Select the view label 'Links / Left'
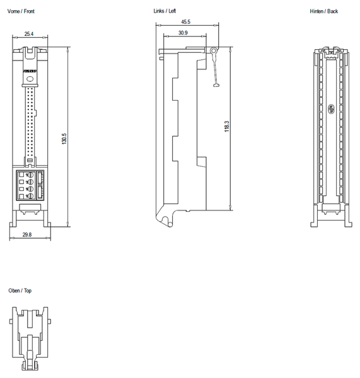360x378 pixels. pyautogui.click(x=165, y=11)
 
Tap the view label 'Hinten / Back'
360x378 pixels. pyautogui.click(x=324, y=11)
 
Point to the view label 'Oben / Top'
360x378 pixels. pyautogui.click(x=20, y=290)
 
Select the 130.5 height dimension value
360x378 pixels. pyautogui.click(x=64, y=139)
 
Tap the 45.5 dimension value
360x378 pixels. pyautogui.click(x=185, y=21)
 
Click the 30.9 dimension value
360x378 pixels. pyautogui.click(x=182, y=32)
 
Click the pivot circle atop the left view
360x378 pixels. pyautogui.click(x=214, y=50)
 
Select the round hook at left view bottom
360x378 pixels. pyautogui.click(x=165, y=221)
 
